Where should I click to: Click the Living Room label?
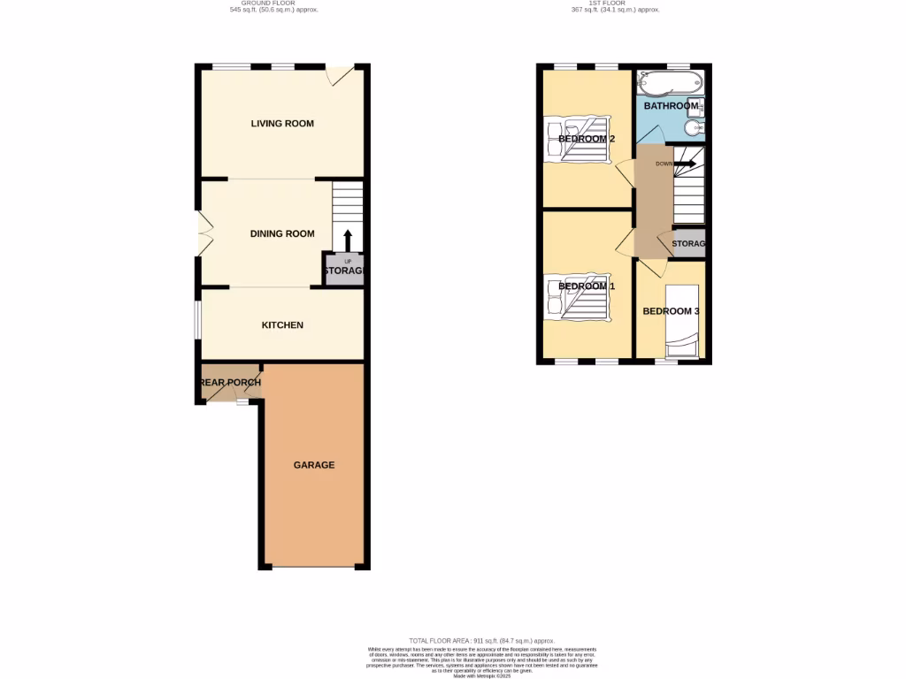(282, 124)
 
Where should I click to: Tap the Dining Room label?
(282, 234)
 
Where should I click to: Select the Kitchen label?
(282, 325)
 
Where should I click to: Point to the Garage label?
(314, 465)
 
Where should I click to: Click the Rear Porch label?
(230, 383)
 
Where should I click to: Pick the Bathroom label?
(672, 106)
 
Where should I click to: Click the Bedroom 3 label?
(672, 311)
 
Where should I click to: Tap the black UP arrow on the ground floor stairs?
(347, 240)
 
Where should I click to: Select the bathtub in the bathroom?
(669, 84)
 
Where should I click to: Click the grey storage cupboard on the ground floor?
(344, 271)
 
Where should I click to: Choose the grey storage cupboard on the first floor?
(688, 244)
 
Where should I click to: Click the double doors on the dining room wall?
(203, 234)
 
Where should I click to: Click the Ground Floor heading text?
(273, 6)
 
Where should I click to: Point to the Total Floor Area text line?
(481, 640)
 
